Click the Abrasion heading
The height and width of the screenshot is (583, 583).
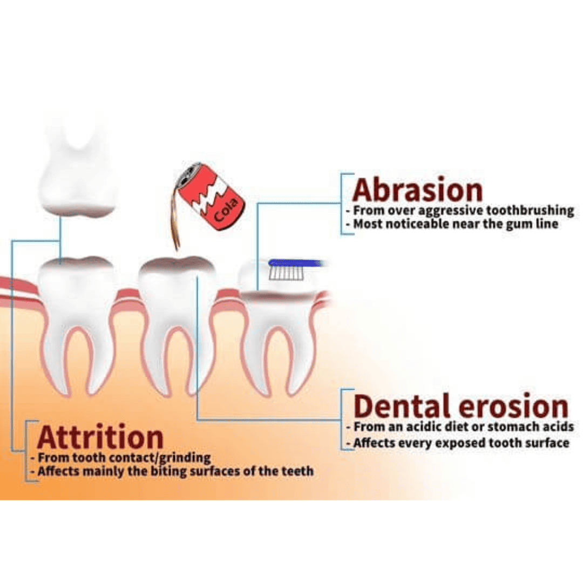point(417,189)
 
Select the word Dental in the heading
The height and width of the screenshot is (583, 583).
point(403,406)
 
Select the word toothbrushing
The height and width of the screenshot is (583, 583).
point(530,211)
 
